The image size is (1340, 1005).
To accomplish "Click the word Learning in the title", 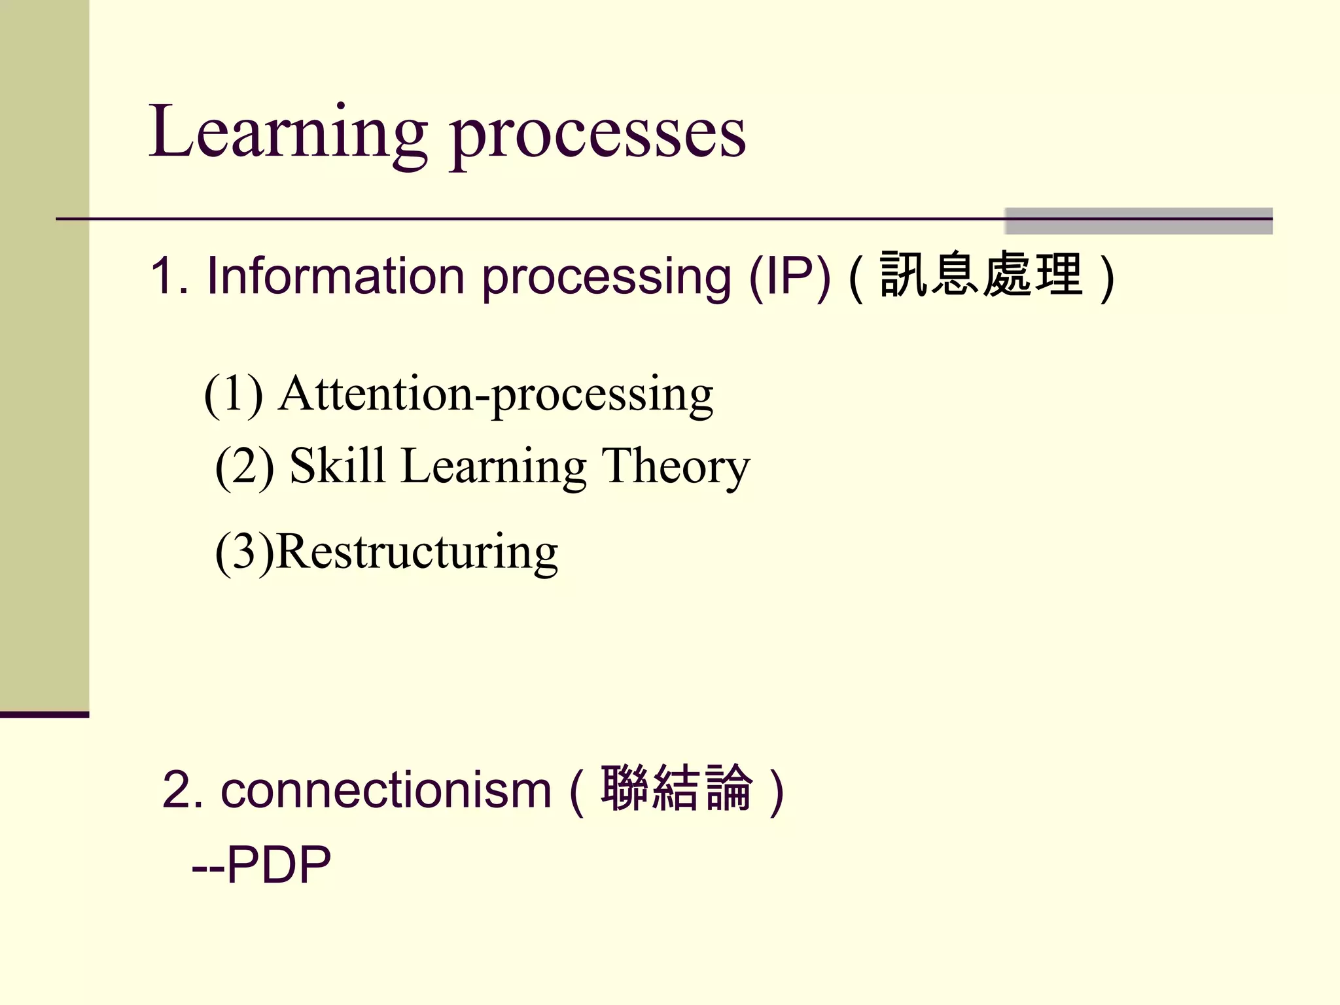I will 288,134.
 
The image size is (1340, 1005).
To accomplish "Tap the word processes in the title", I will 598,137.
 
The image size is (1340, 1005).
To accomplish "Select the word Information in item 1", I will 336,276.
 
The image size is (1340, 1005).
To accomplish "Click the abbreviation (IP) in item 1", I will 790,276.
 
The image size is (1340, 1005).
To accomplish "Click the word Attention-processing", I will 495,395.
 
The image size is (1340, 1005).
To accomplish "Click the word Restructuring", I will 417,553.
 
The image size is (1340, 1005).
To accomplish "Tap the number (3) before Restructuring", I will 244,553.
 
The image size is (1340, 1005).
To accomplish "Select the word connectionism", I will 386,790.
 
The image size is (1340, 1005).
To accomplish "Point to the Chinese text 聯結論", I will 677,788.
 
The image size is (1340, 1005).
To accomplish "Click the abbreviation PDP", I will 279,865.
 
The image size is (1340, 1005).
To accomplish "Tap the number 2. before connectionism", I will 183,790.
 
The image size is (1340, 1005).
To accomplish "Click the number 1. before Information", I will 169,276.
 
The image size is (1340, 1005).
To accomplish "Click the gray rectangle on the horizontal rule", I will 1138,221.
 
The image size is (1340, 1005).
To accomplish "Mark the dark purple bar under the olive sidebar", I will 44,714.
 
